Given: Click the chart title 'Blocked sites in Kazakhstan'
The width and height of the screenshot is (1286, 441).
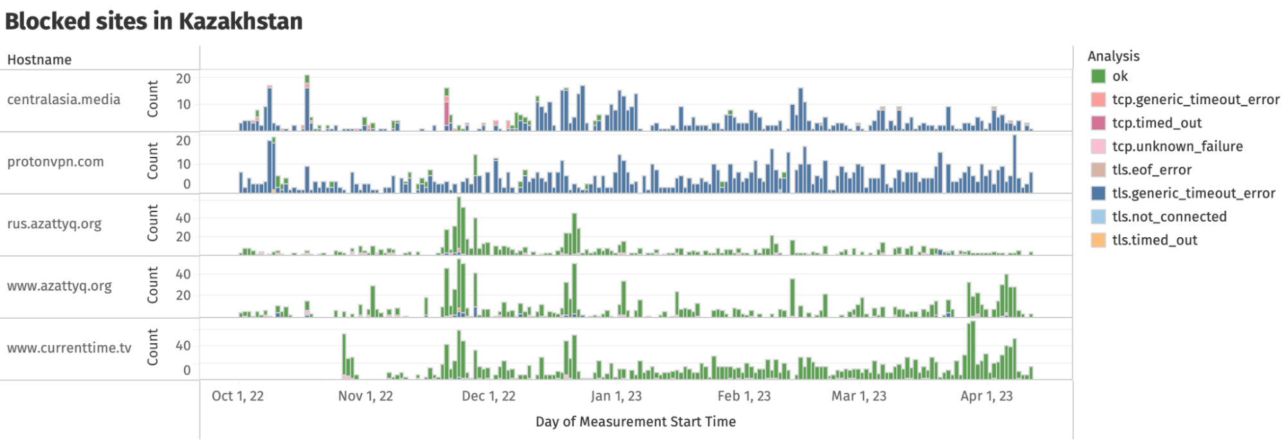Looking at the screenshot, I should (x=154, y=21).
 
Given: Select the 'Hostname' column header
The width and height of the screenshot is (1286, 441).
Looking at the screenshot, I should (x=39, y=60).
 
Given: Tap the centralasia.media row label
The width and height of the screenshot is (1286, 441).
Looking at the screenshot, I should (x=64, y=100).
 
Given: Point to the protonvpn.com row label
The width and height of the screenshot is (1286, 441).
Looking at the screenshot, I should (x=55, y=162).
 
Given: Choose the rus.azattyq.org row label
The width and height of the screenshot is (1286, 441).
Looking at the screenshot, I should (x=55, y=224).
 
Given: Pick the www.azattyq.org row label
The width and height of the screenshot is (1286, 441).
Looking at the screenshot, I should (x=59, y=286).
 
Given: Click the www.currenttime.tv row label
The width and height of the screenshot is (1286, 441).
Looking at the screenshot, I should (x=69, y=348).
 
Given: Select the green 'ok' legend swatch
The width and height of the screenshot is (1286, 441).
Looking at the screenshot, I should (x=1098, y=76).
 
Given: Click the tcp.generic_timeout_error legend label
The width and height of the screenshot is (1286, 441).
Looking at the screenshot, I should (x=1195, y=100).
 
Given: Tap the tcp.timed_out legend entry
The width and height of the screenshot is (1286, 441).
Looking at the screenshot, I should (x=1156, y=123).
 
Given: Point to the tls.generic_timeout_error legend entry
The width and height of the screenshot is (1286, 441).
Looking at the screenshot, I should (x=1193, y=193).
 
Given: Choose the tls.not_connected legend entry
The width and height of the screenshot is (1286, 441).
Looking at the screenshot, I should (x=1169, y=217).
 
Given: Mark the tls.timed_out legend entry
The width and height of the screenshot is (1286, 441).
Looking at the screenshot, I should (x=1154, y=240).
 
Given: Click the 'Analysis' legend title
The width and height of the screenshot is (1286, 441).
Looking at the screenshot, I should (x=1113, y=56).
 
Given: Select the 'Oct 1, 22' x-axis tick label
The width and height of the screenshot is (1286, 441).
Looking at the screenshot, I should (x=237, y=396).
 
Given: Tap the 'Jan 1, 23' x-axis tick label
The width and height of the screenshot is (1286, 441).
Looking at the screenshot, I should (x=616, y=396).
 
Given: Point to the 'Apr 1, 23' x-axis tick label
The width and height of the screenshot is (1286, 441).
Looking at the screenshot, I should (x=986, y=396).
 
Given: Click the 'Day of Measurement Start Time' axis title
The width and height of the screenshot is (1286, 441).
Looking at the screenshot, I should (x=636, y=422).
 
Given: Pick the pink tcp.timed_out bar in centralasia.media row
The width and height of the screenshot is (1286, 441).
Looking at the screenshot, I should (x=446, y=113).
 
